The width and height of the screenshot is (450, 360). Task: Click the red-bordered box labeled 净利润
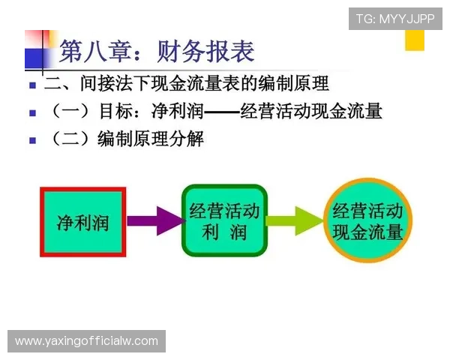pos(82,222)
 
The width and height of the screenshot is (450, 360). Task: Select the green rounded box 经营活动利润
pos(224,220)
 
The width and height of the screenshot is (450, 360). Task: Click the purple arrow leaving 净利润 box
pos(154,220)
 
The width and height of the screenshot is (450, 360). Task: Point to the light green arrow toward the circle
pos(294,220)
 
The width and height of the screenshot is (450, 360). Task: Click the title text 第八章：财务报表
pos(157,51)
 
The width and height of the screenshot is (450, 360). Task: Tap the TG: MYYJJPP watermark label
pos(395,19)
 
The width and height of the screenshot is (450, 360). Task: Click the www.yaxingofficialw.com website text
pos(87,341)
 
